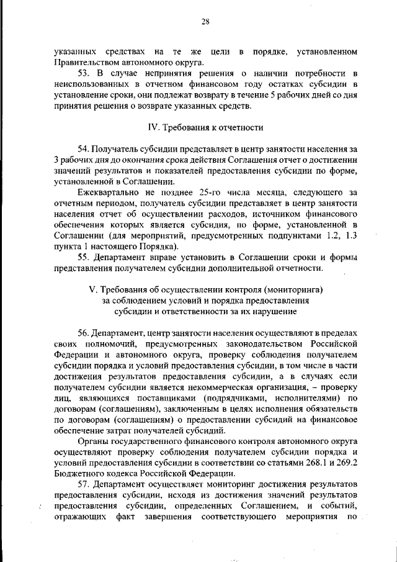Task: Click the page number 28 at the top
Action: point(205,22)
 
